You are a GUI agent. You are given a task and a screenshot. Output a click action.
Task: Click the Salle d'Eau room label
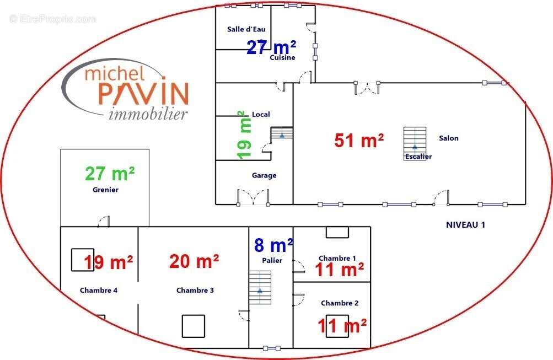pos(246,29)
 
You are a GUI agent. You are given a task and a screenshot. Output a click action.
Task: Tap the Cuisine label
pos(282,57)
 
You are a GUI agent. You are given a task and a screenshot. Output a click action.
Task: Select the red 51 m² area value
pos(359,141)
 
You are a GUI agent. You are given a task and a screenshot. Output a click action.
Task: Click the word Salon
pos(449,138)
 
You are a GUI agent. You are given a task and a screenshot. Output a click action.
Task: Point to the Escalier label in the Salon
pos(418,157)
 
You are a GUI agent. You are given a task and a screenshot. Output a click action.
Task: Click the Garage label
pos(264,175)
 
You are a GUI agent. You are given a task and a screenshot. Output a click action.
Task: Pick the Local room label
pos(261,114)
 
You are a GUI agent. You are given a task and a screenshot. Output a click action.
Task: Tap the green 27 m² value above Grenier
pos(110,174)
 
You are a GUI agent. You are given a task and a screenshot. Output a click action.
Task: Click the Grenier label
pos(105,190)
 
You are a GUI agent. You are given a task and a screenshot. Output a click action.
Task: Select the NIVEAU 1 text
pos(465,225)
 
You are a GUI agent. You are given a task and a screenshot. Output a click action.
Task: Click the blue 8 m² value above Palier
pos(273,245)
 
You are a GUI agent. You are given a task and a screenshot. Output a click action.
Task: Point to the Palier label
pos(272,261)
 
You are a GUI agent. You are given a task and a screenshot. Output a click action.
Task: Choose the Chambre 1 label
pos(337,259)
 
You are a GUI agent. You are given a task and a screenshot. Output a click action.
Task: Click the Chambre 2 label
pos(340,303)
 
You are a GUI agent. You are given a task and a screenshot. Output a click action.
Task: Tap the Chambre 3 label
pos(195,291)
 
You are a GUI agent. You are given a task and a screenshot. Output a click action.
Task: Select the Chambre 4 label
pos(99,291)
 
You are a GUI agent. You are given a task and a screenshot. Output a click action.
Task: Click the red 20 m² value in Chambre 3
pos(194,262)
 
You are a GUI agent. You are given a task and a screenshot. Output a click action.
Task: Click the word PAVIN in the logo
pos(143,94)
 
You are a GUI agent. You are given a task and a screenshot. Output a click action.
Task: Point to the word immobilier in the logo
pos(148,114)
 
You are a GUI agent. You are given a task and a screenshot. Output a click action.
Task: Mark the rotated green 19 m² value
pos(244,135)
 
